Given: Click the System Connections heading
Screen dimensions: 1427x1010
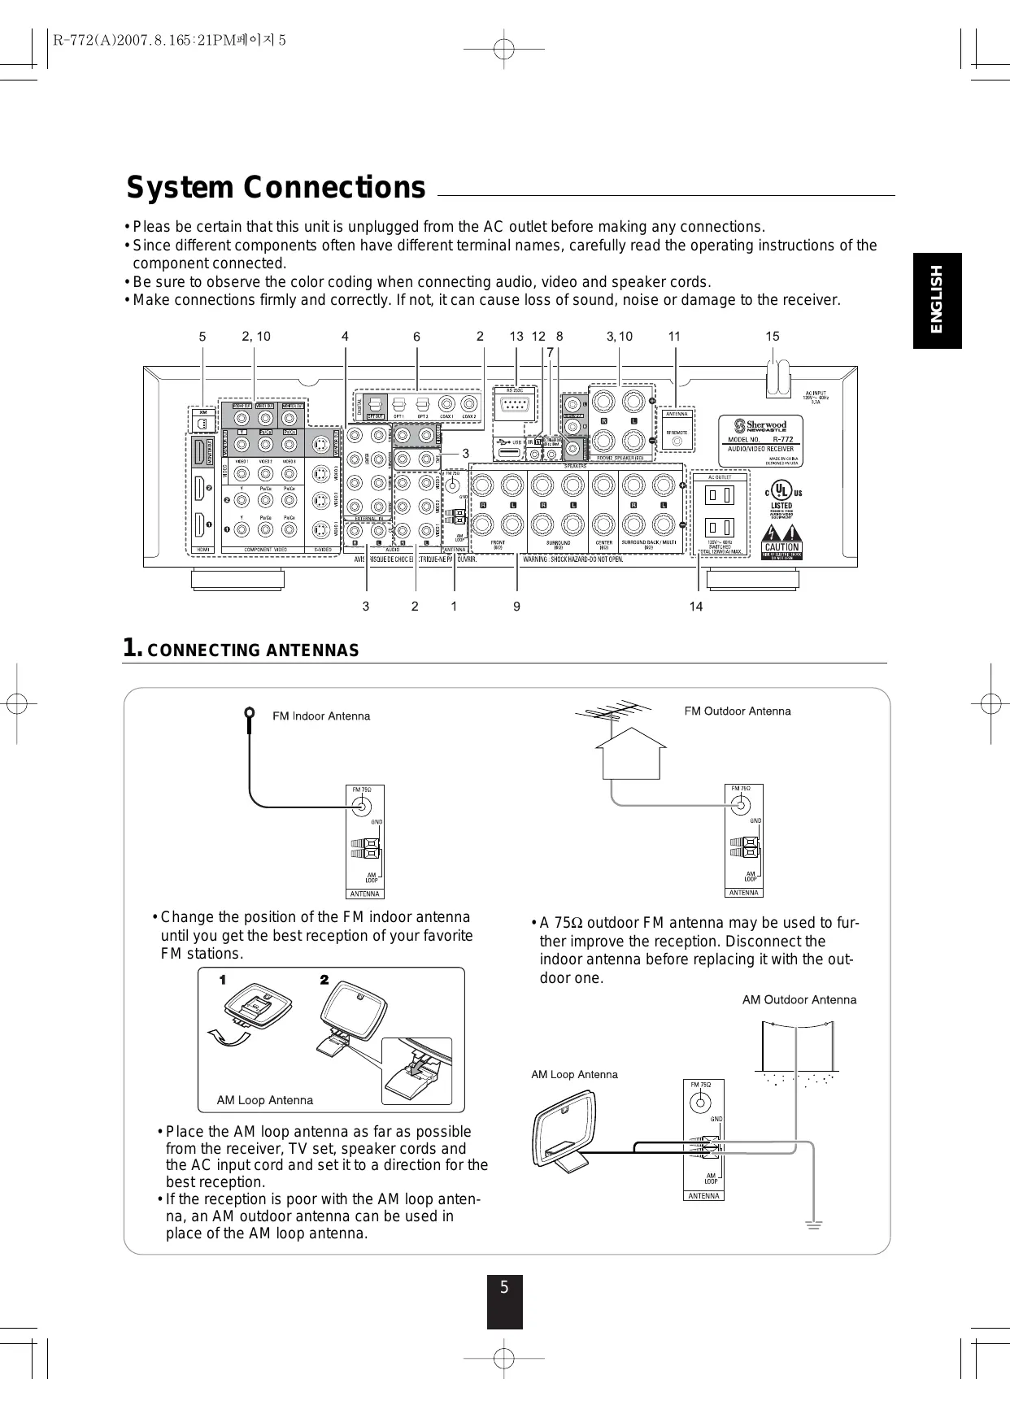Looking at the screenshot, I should pos(276,188).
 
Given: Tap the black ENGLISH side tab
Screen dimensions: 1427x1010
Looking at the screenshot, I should pos(937,300).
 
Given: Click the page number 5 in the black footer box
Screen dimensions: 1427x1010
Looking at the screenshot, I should pos(504,1288).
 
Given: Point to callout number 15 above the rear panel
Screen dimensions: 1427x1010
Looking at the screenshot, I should pos(772,336).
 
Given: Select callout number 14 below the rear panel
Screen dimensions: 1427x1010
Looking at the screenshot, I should pos(696,607).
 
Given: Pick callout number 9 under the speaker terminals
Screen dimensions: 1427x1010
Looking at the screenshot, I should pos(516,607).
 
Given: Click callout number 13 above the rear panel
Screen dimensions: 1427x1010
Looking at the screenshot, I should pos(516,336).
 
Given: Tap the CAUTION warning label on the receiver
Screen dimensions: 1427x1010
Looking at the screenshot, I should pos(781,547).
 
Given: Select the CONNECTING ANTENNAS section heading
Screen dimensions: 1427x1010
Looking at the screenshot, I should pos(253,650).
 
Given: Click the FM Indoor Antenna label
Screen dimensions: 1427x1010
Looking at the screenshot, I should pos(321,716).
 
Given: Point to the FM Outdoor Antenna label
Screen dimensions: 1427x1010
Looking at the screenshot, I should pos(738,711).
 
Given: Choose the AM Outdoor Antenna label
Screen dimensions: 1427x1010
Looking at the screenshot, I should pos(799,1000).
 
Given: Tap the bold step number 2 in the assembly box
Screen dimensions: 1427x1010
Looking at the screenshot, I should pos(324,980).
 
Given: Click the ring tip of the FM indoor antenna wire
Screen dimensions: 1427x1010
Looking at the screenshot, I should pos(249,713).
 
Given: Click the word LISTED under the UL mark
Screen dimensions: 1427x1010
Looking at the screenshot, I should pos(781,506).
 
